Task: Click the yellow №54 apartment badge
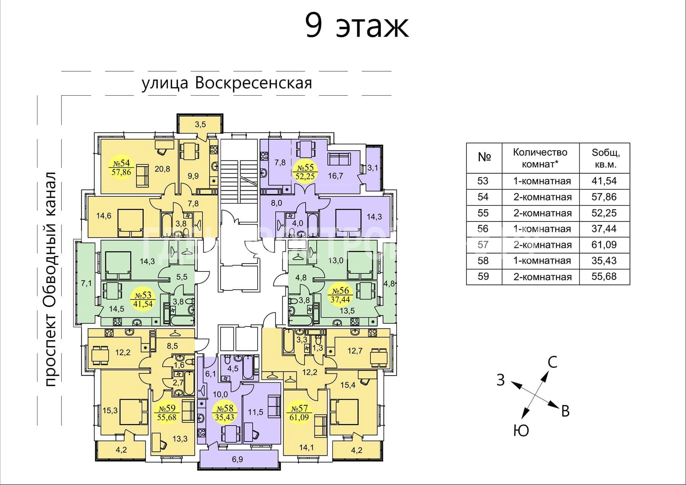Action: [x=121, y=167]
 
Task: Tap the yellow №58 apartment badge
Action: [x=224, y=412]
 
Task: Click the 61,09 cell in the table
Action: [x=604, y=244]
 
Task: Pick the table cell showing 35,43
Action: [x=604, y=260]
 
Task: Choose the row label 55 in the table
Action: [x=483, y=213]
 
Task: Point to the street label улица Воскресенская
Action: [x=227, y=83]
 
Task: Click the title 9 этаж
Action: [x=357, y=26]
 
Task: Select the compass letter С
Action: [x=552, y=361]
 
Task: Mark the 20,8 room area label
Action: [x=162, y=169]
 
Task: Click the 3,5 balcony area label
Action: [x=200, y=124]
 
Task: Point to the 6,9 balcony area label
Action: [x=237, y=459]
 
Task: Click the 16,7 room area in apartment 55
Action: [x=335, y=176]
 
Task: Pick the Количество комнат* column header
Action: [x=540, y=159]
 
